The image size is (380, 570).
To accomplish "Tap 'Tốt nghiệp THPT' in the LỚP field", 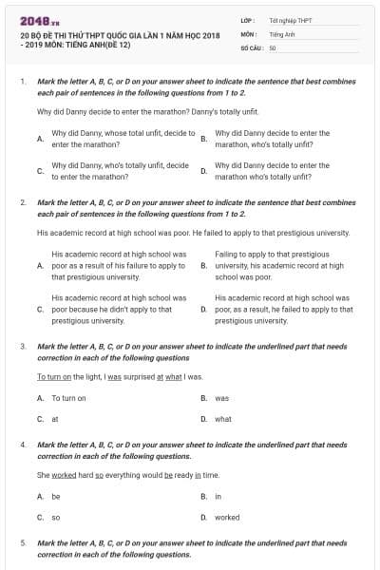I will click(291, 20).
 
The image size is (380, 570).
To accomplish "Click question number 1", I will click(22, 83).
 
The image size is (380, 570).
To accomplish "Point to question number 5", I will click(22, 542).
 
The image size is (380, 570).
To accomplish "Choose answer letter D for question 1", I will click(204, 171).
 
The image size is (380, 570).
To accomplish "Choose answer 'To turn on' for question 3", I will click(68, 398).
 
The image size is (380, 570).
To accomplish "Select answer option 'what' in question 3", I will click(223, 418).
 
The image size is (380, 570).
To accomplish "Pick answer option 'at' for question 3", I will click(55, 418).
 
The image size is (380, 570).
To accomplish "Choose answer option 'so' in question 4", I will click(56, 518).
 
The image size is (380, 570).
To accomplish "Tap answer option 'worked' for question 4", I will click(227, 518).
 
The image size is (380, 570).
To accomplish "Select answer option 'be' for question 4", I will click(56, 496).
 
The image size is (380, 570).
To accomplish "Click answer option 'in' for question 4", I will click(218, 496).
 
